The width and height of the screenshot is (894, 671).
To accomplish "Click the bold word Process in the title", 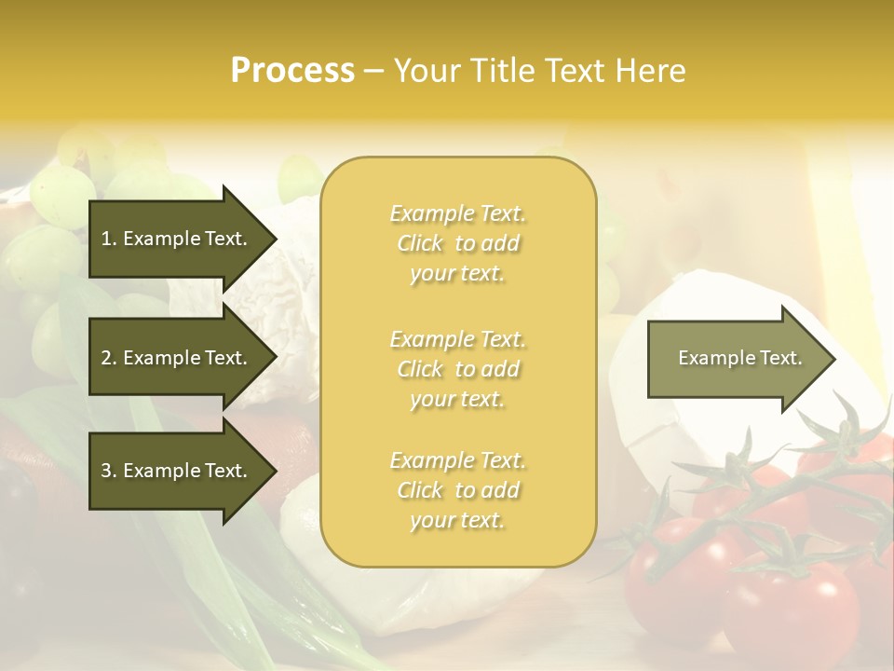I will click(292, 71).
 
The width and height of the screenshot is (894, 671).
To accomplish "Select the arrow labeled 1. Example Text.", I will click(177, 239).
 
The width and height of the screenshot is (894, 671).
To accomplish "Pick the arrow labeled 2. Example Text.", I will click(177, 358).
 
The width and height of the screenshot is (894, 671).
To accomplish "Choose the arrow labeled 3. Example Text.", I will click(177, 471).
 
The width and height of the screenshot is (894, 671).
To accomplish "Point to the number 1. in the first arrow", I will click(109, 239).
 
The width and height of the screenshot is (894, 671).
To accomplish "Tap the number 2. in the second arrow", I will click(109, 358).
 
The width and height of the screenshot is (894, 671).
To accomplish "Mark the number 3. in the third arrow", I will click(109, 471).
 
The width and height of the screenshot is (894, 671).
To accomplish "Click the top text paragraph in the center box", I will click(457, 243).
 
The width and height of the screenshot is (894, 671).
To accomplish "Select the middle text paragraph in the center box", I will click(457, 369).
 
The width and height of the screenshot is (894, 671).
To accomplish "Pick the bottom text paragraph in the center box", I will click(457, 490).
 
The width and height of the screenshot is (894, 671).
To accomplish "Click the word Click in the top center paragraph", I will click(421, 244).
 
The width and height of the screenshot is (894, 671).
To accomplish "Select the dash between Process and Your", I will click(373, 71).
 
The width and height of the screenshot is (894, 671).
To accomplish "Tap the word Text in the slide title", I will click(572, 71).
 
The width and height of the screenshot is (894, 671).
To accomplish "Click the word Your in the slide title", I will click(427, 71).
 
